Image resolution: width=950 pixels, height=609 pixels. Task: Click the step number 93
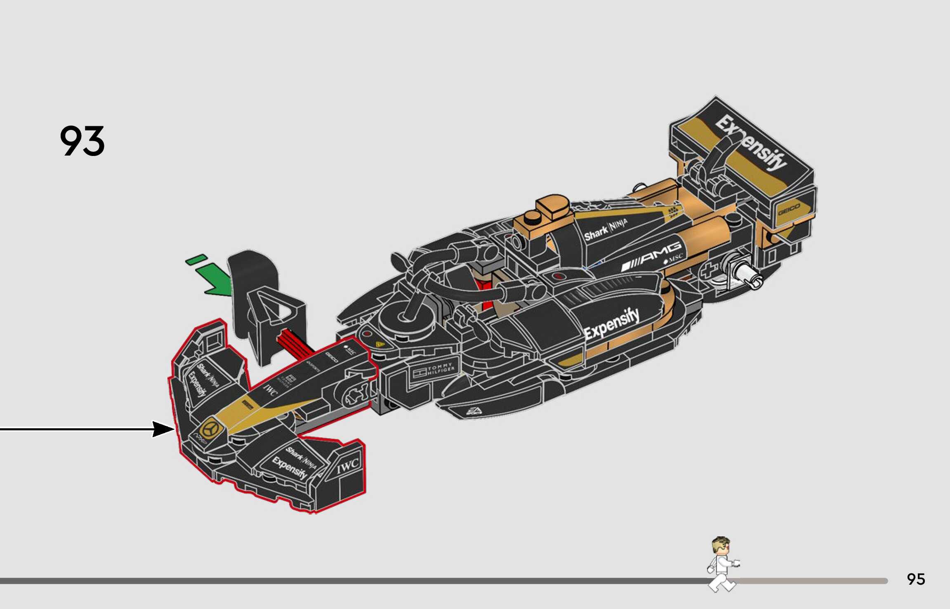[x=83, y=141]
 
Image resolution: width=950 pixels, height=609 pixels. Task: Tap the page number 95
[x=916, y=579]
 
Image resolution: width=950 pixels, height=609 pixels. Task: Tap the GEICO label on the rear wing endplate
[x=789, y=209]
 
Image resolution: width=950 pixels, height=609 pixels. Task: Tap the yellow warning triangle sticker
[x=380, y=344]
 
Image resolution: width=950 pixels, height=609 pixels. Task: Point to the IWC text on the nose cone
[x=270, y=389]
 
